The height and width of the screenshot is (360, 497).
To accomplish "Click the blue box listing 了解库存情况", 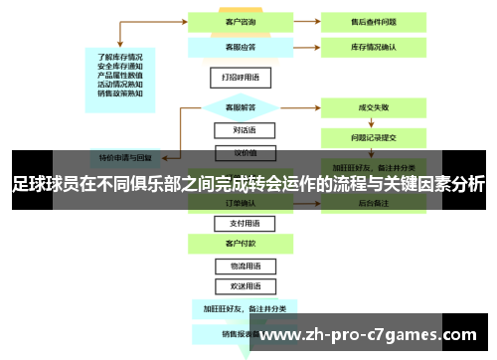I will tap(120, 75).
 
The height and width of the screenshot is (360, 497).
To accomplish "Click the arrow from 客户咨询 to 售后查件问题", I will tap(296, 21).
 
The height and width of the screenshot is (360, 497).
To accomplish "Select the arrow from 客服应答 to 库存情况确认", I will tap(296, 46).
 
